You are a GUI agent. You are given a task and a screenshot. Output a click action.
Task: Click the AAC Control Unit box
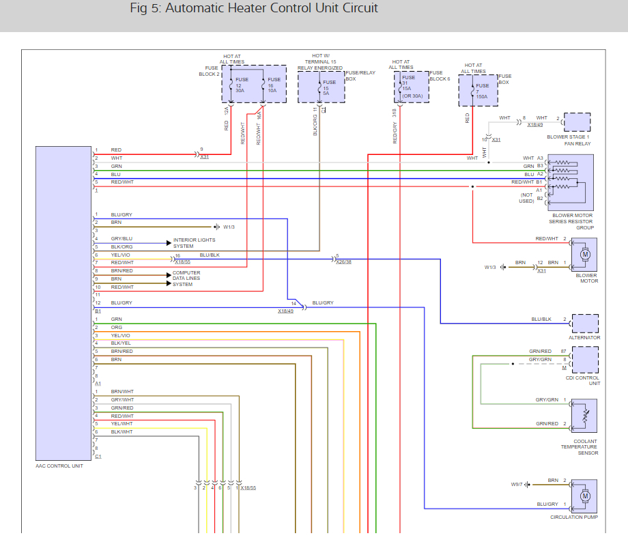tap(63, 303)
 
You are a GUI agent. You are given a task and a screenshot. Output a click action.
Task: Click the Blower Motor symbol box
tap(584, 255)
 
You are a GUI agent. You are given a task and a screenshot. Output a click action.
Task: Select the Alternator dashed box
tap(585, 324)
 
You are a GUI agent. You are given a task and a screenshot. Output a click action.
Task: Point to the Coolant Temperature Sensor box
tap(584, 416)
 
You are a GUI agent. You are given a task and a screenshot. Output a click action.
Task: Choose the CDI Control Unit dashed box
tap(585, 360)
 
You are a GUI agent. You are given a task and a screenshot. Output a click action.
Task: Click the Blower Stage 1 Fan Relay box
tap(577, 122)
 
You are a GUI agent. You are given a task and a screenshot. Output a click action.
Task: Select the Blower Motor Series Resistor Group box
tap(571, 183)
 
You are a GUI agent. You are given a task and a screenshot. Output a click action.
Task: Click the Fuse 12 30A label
tap(242, 85)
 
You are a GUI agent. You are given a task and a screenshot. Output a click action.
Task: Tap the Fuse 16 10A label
tap(274, 85)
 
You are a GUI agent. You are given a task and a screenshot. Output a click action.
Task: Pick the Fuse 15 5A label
tap(329, 88)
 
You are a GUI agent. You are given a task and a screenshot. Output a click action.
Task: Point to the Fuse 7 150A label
tap(482, 91)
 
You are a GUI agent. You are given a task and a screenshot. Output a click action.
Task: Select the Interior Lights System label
tap(195, 243)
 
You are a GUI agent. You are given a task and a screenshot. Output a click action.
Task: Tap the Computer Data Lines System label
tap(186, 279)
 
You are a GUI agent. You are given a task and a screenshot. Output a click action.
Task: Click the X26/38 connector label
tap(343, 262)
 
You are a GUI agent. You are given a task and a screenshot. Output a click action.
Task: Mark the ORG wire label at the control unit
tap(117, 327)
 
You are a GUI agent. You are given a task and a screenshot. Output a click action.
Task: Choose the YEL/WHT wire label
tap(122, 424)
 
